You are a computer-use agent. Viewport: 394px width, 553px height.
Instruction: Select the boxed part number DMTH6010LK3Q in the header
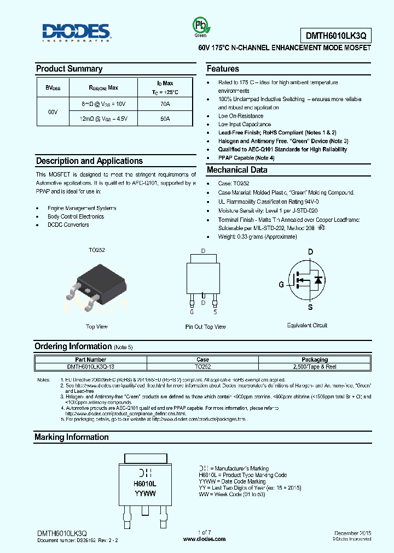pos(335,36)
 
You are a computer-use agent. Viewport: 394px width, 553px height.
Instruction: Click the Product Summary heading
pos(69,69)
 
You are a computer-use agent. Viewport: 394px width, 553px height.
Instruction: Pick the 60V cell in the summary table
pos(53,111)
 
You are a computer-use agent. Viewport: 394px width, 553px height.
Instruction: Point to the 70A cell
pos(165,103)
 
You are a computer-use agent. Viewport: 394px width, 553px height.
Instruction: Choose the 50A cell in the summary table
pos(165,119)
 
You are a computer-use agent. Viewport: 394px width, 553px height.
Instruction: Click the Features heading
pos(223,69)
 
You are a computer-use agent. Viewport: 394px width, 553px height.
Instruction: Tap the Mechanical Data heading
pos(237,170)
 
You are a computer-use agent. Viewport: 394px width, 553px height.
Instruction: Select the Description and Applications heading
pos(89,161)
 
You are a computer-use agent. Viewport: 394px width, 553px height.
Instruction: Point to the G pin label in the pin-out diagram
pos(192,312)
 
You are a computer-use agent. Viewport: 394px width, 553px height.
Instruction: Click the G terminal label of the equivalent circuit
pos(281,284)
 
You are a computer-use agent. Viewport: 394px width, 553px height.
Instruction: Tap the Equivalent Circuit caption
pos(307,326)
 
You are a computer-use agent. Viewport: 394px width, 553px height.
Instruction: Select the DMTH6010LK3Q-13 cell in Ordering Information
pos(91,366)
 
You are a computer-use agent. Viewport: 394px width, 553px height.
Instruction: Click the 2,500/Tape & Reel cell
pos(315,366)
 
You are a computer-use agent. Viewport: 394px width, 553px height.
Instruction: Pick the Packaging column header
pos(315,360)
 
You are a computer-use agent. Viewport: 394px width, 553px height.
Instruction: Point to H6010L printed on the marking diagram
pos(145,484)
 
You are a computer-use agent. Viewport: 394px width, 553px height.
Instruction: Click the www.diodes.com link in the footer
pos(204,539)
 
